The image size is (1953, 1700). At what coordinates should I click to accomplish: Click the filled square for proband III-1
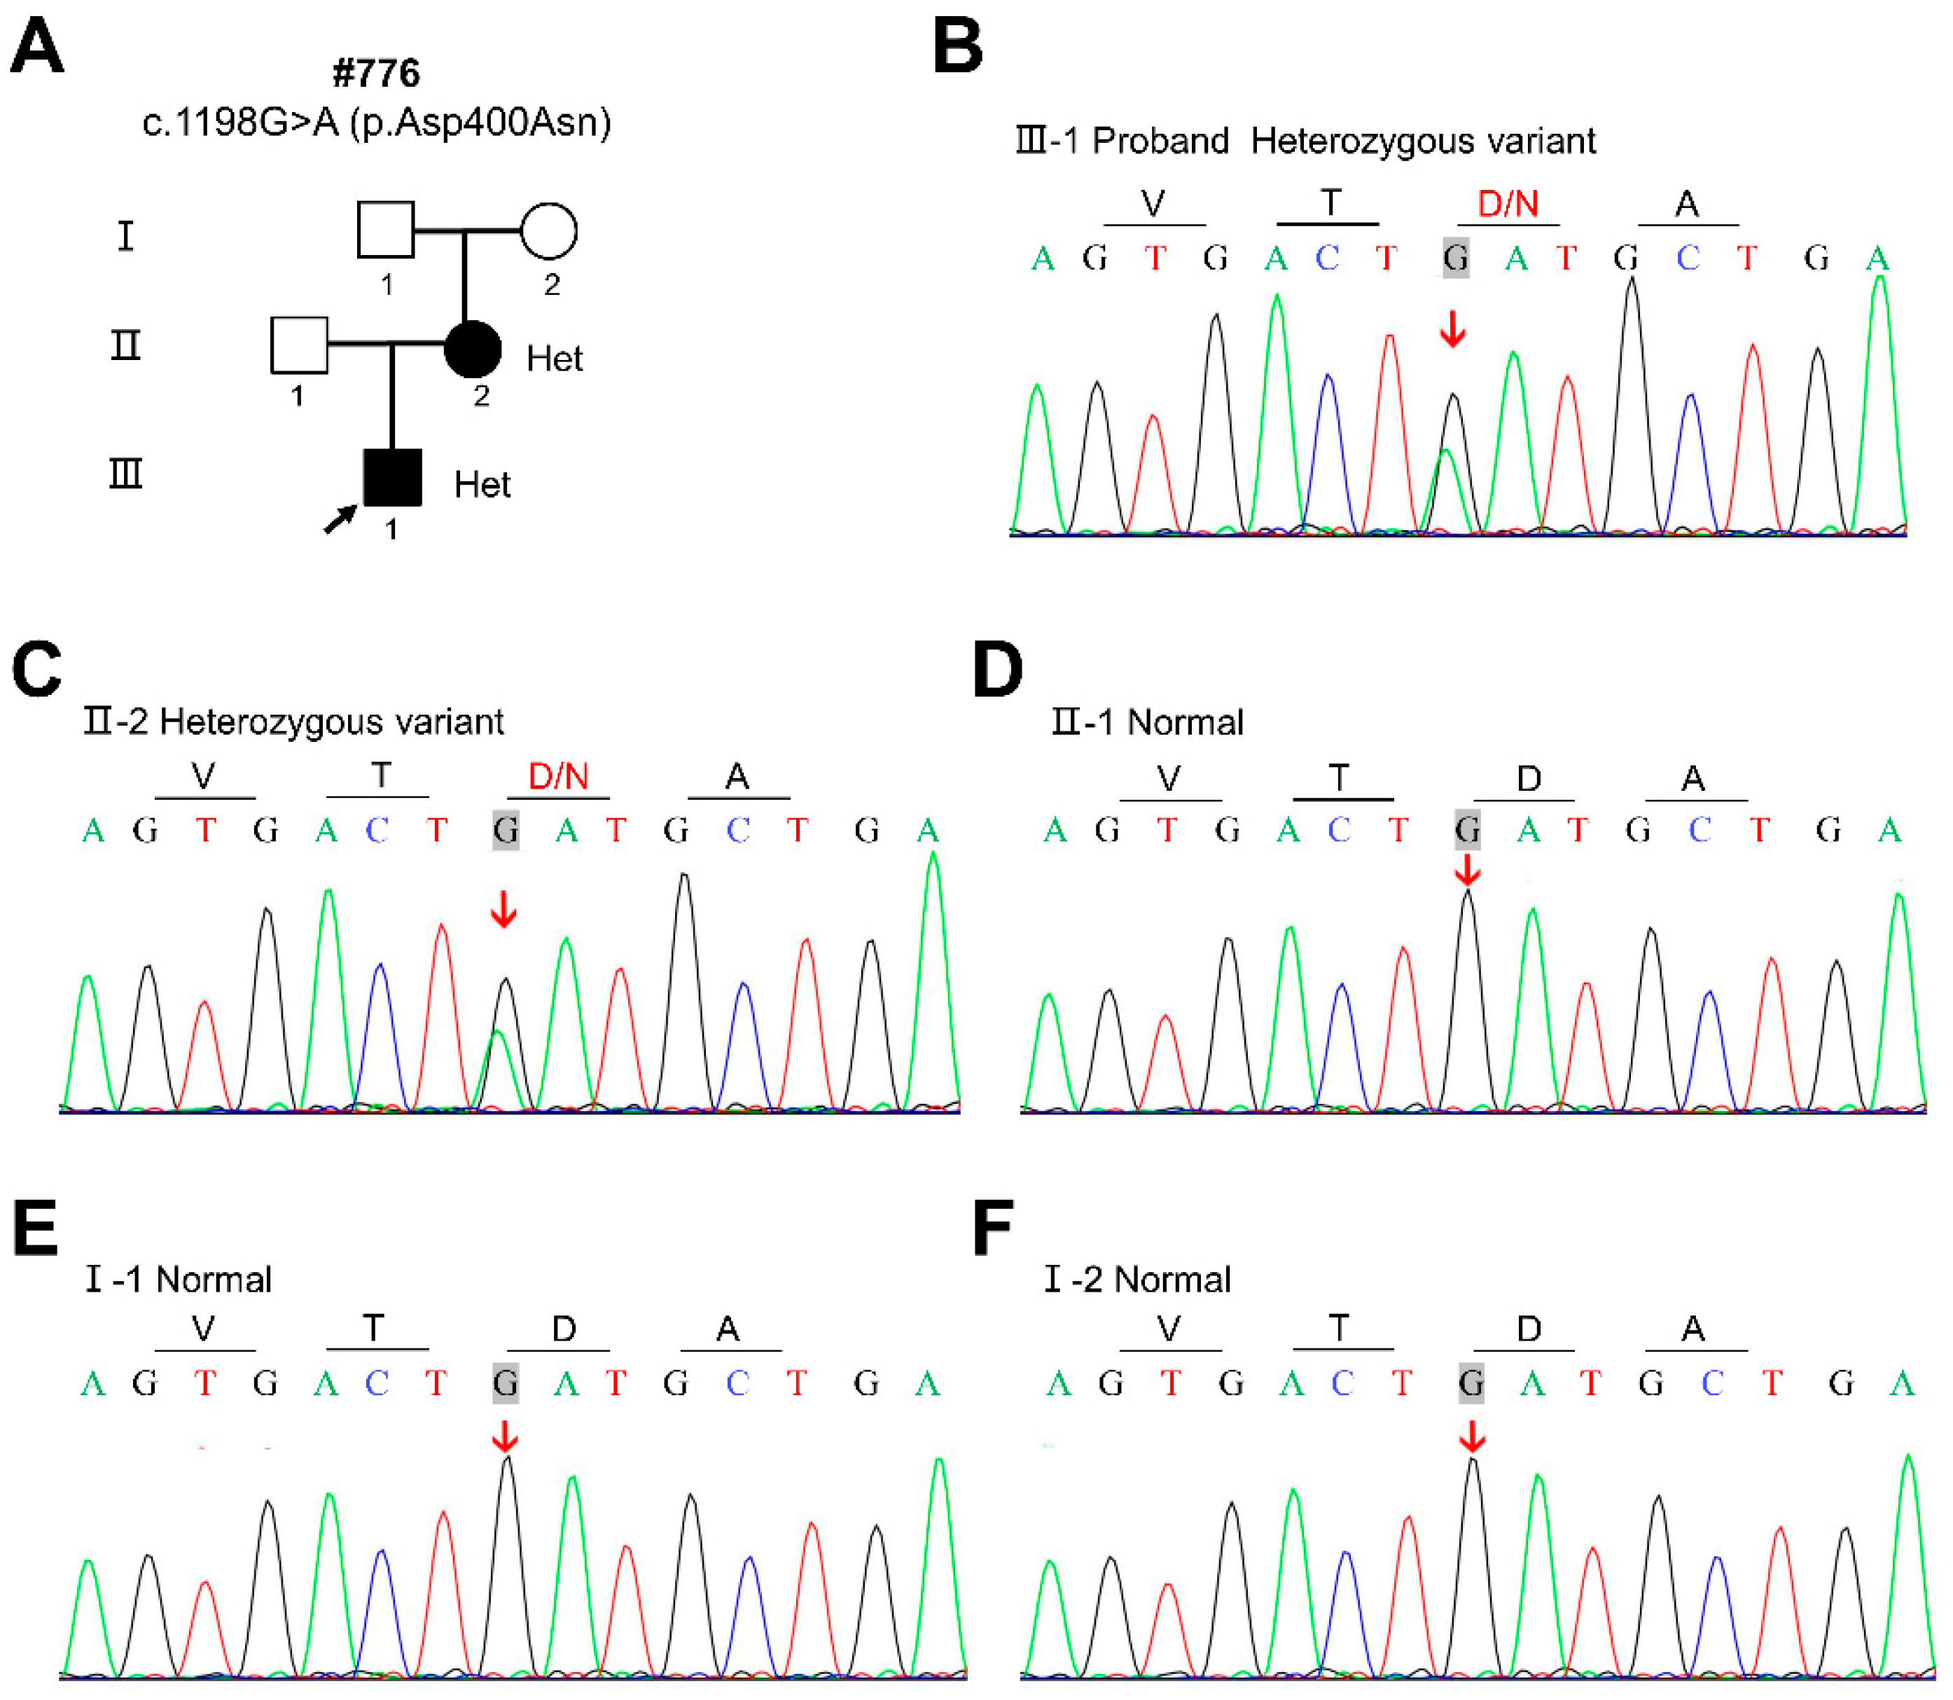393,477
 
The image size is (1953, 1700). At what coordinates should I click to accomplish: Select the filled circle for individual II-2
473,348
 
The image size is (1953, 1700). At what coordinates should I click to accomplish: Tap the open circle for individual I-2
549,230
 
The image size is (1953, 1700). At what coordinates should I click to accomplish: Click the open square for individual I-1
385,230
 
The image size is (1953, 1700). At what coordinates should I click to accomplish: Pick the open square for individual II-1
299,345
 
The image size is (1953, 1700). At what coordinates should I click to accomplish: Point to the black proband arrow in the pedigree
340,519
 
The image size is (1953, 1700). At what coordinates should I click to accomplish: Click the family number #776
377,73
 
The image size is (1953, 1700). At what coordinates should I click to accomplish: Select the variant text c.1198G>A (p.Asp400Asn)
377,123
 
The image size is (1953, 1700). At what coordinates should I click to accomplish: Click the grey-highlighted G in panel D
1466,831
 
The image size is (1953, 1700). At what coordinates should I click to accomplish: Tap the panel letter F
992,1228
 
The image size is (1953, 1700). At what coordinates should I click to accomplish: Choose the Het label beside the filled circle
554,359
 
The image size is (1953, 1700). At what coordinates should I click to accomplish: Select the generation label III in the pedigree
125,472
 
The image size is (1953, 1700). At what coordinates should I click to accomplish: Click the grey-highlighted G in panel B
1455,258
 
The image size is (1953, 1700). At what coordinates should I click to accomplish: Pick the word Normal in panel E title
214,1280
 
